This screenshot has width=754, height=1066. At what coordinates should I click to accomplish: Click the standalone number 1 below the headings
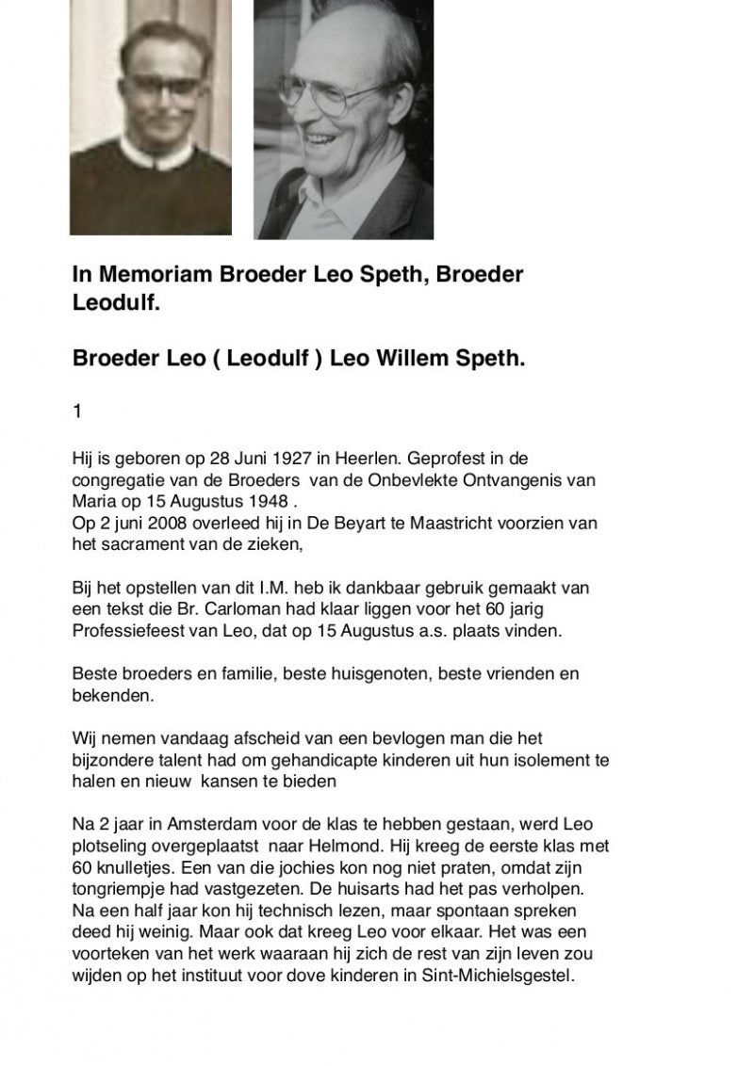pyautogui.click(x=78, y=412)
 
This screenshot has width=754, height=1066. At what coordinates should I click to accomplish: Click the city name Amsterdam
pyautogui.click(x=219, y=824)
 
